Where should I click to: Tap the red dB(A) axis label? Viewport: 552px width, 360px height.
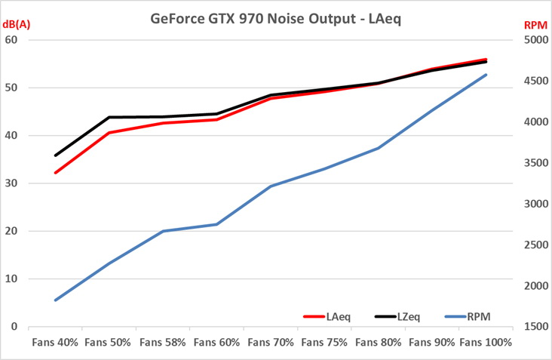[17, 25]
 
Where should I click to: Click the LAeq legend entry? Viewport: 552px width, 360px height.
[337, 317]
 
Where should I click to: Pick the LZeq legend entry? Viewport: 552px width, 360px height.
[408, 317]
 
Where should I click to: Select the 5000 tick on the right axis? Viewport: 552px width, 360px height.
[535, 40]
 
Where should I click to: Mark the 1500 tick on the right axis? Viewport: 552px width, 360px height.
[535, 327]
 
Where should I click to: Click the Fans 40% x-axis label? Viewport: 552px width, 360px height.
[55, 343]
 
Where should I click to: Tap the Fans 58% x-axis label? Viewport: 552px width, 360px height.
[163, 343]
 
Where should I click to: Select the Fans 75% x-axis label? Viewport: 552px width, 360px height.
[324, 343]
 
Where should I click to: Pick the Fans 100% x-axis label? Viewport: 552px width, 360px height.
[486, 343]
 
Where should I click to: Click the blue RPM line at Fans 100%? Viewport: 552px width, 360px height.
[486, 75]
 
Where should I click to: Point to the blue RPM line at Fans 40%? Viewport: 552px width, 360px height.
[56, 300]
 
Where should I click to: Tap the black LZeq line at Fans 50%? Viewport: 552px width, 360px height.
[109, 117]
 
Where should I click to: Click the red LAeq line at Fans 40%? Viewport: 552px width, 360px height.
[56, 173]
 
